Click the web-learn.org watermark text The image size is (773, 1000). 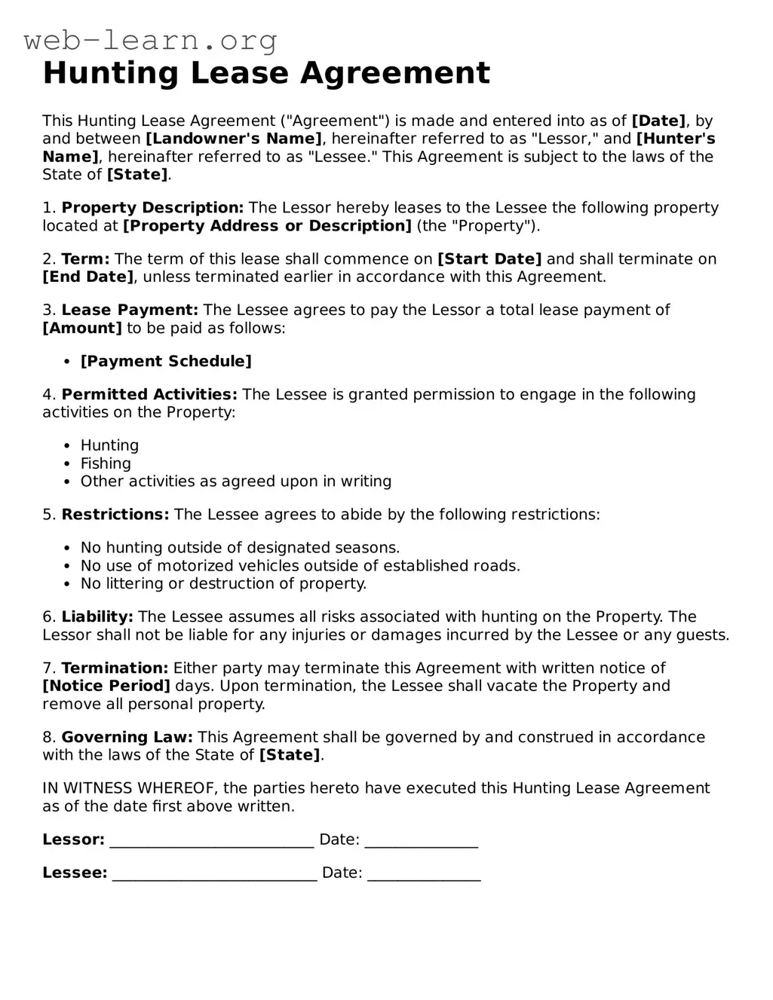(x=150, y=40)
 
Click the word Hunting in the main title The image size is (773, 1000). (x=110, y=73)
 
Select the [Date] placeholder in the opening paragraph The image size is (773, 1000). (x=659, y=121)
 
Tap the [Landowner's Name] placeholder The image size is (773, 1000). (x=234, y=139)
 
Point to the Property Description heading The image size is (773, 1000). (x=152, y=208)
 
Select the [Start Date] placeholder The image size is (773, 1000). (x=489, y=259)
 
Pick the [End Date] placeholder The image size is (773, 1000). (x=87, y=277)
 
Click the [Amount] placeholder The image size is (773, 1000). (x=82, y=329)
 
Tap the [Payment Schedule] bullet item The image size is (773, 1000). (x=166, y=362)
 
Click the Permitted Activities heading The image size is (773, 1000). (x=149, y=395)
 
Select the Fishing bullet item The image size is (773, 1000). (x=106, y=464)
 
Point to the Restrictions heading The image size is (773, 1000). (x=115, y=515)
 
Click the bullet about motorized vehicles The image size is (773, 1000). (x=300, y=566)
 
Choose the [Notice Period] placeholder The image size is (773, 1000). (x=106, y=687)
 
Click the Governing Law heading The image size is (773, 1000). (x=127, y=738)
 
